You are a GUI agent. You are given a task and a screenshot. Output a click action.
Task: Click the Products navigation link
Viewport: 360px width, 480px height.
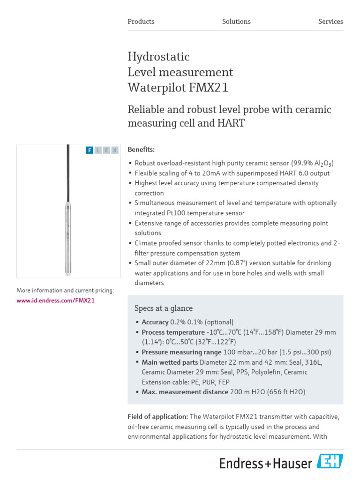[141, 22]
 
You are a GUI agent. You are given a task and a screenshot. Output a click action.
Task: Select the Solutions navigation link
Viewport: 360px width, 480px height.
[236, 22]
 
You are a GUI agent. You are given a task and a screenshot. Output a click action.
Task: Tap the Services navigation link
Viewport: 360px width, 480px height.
[330, 22]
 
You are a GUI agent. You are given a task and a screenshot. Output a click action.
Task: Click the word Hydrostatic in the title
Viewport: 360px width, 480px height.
[158, 57]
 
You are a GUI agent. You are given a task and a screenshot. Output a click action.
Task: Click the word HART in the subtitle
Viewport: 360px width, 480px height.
[231, 123]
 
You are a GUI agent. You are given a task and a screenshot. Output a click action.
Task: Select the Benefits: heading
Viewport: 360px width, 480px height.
[141, 150]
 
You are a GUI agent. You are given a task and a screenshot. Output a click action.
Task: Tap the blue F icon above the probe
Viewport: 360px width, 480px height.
[90, 150]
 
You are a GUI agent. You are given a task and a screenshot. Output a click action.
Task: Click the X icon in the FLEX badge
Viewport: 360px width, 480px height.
[115, 150]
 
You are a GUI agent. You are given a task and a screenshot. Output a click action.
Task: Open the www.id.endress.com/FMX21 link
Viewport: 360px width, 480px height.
[56, 300]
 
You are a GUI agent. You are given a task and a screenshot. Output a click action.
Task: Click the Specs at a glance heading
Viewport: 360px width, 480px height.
[164, 308]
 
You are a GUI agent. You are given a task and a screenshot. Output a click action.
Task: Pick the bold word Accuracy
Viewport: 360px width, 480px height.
[155, 322]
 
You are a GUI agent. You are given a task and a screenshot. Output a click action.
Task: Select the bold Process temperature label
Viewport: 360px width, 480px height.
[173, 332]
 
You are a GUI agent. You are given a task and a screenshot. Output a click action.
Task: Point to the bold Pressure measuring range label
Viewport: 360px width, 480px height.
[181, 352]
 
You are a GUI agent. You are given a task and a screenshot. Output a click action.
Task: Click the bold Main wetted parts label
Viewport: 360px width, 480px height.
[170, 362]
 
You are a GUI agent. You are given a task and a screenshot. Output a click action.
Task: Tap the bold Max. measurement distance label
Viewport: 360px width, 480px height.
[185, 392]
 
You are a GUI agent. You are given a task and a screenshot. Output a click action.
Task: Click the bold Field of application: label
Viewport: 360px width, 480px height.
[157, 417]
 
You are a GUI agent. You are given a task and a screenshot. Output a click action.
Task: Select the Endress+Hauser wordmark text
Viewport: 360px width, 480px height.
[266, 463]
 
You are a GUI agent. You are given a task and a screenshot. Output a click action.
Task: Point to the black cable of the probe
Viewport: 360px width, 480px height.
[68, 169]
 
